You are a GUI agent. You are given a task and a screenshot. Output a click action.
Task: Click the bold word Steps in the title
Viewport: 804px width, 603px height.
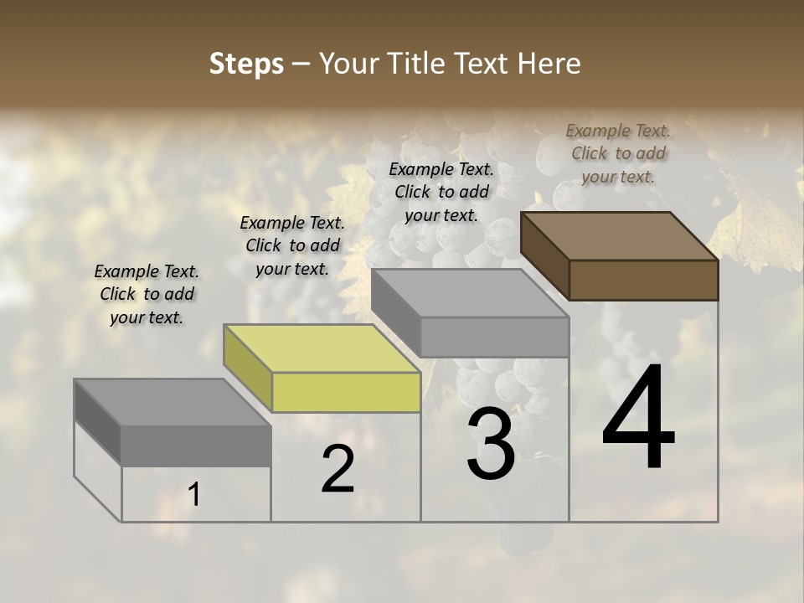pos(246,64)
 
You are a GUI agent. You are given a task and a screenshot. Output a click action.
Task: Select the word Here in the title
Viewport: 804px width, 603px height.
pos(549,64)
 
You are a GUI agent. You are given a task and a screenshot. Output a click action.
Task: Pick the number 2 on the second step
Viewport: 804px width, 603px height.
pos(338,469)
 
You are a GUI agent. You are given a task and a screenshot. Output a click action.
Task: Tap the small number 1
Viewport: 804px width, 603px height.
pos(194,495)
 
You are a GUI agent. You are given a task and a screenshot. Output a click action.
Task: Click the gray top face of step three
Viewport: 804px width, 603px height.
pos(471,293)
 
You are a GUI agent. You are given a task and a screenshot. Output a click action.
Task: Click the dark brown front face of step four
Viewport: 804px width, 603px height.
pos(643,280)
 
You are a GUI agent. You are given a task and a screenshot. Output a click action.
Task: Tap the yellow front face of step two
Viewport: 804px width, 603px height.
pos(346,392)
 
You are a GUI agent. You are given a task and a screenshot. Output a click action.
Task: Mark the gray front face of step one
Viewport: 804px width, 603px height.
pos(196,445)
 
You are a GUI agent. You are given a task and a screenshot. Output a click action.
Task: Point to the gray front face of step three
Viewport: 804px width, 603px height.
pos(494,337)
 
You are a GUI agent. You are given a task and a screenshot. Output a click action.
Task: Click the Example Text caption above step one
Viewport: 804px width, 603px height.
pos(147,294)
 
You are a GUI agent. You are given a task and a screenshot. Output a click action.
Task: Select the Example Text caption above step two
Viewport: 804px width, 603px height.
pos(292,245)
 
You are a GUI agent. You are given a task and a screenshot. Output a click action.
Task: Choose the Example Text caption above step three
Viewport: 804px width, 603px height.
pos(441,192)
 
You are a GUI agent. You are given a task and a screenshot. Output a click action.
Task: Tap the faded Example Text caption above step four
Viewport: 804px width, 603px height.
pos(618,153)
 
